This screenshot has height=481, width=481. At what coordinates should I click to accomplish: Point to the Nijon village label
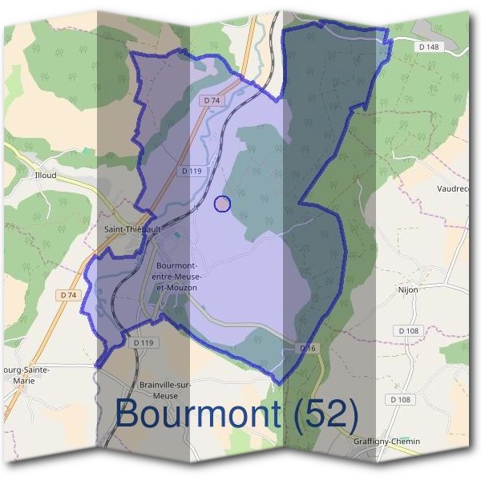[x=408, y=289]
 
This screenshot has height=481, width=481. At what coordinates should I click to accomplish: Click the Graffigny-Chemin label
[x=386, y=442]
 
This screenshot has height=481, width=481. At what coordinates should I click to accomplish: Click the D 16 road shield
[x=309, y=348]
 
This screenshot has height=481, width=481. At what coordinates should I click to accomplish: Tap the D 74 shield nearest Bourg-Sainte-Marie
[x=68, y=295]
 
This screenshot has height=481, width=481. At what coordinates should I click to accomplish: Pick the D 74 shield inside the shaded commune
[x=211, y=99]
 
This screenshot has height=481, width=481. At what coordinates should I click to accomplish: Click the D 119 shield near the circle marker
[x=191, y=171]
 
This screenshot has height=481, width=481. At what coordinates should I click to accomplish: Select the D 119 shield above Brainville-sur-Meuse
[x=143, y=342]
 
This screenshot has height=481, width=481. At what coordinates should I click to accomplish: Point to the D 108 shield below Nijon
[x=406, y=330]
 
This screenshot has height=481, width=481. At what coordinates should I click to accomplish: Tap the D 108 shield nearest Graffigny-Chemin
[x=400, y=399]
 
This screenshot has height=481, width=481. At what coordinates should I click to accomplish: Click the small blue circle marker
[x=223, y=204]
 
